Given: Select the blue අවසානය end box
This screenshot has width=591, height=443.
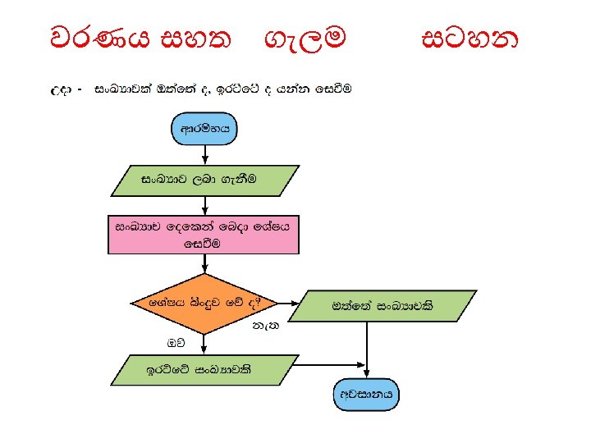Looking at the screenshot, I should [368, 394].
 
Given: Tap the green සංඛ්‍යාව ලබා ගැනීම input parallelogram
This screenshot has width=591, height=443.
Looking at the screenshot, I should [204, 180].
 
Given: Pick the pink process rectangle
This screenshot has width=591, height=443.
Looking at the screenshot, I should [204, 235].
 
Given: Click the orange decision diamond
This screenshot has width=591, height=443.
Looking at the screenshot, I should [204, 303].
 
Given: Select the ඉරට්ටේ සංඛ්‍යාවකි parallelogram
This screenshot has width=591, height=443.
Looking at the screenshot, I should [204, 370].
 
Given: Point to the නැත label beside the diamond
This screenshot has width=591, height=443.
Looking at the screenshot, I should [266, 327].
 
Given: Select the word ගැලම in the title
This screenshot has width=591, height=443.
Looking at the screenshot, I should [305, 37].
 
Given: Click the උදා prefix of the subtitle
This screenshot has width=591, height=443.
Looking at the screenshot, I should [62, 87].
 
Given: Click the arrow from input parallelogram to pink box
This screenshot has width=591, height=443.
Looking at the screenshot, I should [204, 205].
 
